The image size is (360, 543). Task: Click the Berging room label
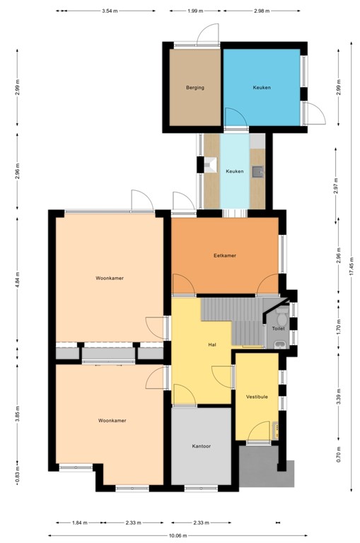pyautogui.click(x=195, y=88)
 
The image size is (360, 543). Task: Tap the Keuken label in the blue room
pyautogui.click(x=262, y=88)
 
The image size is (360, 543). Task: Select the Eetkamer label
pyautogui.click(x=224, y=255)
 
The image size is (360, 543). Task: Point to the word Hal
pyautogui.click(x=211, y=345)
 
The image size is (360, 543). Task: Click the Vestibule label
pyautogui.click(x=257, y=397)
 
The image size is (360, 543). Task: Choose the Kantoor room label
pyautogui.click(x=202, y=446)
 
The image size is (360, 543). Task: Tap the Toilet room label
pyautogui.click(x=277, y=328)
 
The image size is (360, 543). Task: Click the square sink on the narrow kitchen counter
pyautogui.click(x=259, y=170)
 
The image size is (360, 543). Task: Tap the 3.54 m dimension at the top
pyautogui.click(x=109, y=11)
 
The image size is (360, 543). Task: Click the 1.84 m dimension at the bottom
pyautogui.click(x=79, y=523)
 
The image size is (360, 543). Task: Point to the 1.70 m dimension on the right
pyautogui.click(x=338, y=327)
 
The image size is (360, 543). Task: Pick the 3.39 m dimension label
pyautogui.click(x=338, y=398)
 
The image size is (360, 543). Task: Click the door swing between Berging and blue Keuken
pyautogui.click(x=233, y=117)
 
